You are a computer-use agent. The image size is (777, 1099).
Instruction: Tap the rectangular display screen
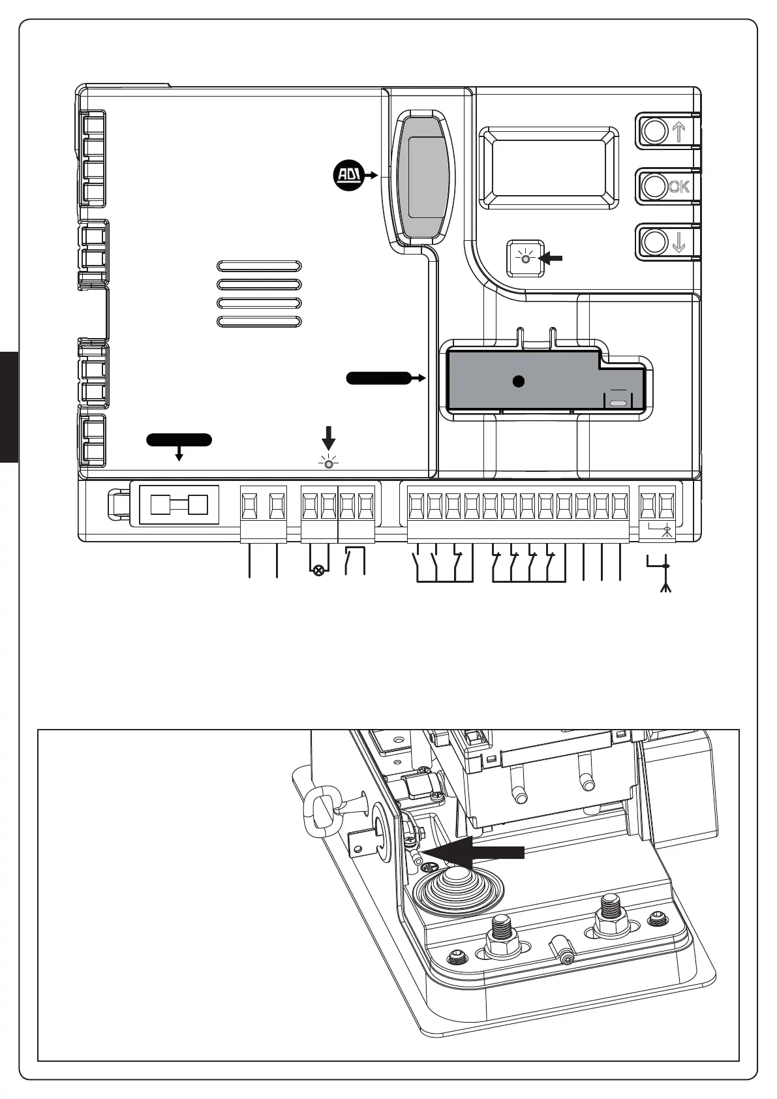click(x=549, y=168)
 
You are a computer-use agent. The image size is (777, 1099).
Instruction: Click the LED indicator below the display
click(x=525, y=258)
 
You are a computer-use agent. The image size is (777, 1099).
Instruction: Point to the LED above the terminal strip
click(x=329, y=464)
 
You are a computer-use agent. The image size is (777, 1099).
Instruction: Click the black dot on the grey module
click(x=518, y=382)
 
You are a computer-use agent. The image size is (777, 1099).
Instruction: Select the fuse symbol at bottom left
click(x=179, y=505)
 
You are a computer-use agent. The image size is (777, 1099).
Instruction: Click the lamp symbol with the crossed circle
click(x=319, y=571)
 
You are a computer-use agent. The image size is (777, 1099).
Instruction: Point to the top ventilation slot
click(x=259, y=266)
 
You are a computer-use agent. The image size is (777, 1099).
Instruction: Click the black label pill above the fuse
click(x=179, y=439)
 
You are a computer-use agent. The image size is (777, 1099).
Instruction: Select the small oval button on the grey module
click(x=618, y=403)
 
